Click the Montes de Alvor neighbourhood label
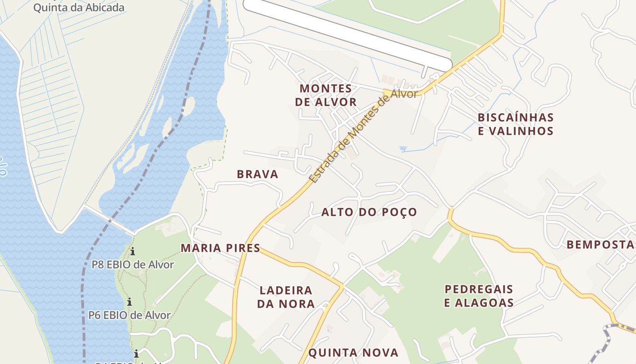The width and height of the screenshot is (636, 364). click(326, 95)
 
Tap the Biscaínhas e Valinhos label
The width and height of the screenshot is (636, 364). click(516, 124)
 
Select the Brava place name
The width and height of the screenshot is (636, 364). click(258, 174)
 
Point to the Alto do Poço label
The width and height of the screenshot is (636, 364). click(369, 212)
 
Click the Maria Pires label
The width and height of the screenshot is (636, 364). click(220, 248)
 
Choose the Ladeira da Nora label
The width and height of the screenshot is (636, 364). click(286, 297)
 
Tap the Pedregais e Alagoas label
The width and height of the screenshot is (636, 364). click(479, 296)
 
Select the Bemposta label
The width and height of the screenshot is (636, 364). click(600, 245)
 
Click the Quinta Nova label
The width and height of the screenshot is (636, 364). click(353, 353)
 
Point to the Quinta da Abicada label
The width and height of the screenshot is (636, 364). click(79, 8)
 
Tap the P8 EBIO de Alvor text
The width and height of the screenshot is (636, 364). click(133, 264)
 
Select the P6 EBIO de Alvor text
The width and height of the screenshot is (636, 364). click(129, 315)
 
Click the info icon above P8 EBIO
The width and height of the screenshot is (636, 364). click(133, 251)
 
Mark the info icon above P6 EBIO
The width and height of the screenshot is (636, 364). click(129, 301)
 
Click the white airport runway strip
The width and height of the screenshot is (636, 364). click(348, 31)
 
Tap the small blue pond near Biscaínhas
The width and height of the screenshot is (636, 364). click(402, 148)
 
